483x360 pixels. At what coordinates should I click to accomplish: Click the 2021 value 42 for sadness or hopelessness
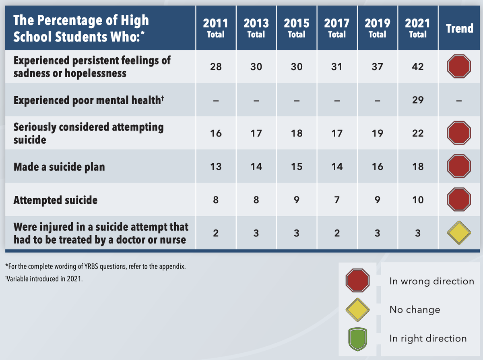point(418,67)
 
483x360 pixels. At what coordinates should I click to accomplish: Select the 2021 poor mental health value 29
point(418,100)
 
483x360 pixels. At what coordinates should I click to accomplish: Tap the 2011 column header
point(216,28)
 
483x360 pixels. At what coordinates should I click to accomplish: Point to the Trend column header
point(459,28)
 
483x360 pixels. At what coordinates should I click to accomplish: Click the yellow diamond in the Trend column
point(459,233)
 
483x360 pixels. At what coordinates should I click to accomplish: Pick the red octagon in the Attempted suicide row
point(459,200)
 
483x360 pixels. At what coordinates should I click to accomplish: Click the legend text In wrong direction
point(431,281)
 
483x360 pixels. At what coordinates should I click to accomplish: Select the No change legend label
point(415,310)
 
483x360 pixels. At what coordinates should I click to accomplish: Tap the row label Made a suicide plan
point(59,166)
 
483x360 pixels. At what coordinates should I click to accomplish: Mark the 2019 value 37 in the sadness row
point(378,67)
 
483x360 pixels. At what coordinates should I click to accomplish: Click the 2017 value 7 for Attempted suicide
point(337,200)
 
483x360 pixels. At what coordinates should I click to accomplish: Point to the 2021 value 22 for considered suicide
point(418,133)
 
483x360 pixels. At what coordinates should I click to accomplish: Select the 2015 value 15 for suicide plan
point(297,166)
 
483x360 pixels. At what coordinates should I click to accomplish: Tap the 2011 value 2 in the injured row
point(216,233)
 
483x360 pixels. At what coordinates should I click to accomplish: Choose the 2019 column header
point(378,28)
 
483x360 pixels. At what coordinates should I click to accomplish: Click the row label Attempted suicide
point(56,200)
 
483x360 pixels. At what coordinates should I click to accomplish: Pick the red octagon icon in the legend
point(357,281)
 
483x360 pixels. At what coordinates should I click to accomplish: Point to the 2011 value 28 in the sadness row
point(216,67)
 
